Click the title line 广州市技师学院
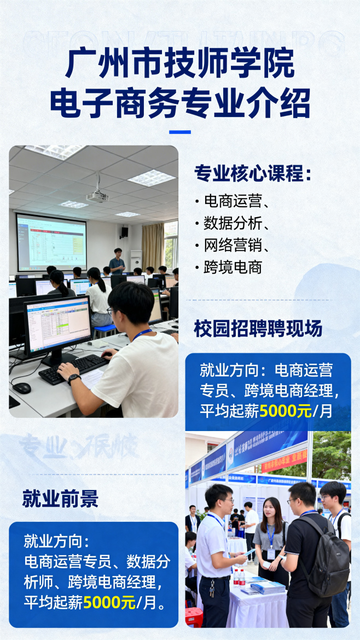pos(180,63)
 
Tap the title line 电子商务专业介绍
pos(180,102)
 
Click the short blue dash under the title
pos(180,132)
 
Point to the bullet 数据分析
pos(233,223)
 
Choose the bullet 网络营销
pos(233,245)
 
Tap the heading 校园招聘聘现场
pos(258,328)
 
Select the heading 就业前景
pos(60,498)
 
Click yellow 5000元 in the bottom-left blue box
pos(109,602)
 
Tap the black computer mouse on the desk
pos(21,388)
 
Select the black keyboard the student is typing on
pos(74,367)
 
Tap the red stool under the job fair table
pos(194,616)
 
